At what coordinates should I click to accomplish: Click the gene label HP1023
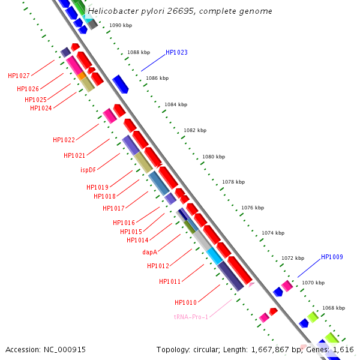[176, 52]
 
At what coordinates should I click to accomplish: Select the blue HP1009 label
[332, 257]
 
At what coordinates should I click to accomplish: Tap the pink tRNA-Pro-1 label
[191, 317]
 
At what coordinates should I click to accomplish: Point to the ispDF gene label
[88, 170]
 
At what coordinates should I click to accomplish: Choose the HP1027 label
[19, 76]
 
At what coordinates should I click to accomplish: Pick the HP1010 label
[185, 302]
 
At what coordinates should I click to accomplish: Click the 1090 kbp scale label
[121, 25]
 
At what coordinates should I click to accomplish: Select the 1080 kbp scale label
[214, 157]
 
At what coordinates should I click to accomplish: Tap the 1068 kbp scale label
[334, 308]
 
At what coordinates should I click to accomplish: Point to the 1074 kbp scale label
[272, 233]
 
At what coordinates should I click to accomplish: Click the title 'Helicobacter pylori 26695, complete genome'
[179, 11]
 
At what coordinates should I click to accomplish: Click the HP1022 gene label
[64, 140]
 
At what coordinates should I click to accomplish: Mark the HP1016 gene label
[124, 223]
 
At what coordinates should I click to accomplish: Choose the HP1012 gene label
[158, 266]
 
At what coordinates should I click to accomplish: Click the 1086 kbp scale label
[157, 78]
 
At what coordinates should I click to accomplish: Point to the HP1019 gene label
[97, 187]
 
